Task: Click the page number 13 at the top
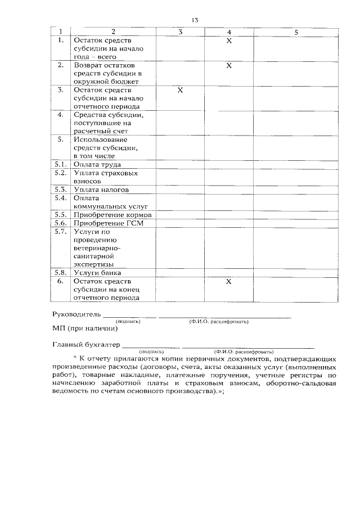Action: click(195, 20)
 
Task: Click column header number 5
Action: click(296, 32)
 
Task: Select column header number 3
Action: click(180, 32)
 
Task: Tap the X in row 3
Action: click(180, 90)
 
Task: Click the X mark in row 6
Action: click(228, 281)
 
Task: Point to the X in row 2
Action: click(228, 66)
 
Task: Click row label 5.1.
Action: click(61, 165)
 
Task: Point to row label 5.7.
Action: click(61, 231)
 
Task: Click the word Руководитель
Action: click(76, 313)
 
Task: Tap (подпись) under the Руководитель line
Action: click(128, 321)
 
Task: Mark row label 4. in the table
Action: click(61, 115)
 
